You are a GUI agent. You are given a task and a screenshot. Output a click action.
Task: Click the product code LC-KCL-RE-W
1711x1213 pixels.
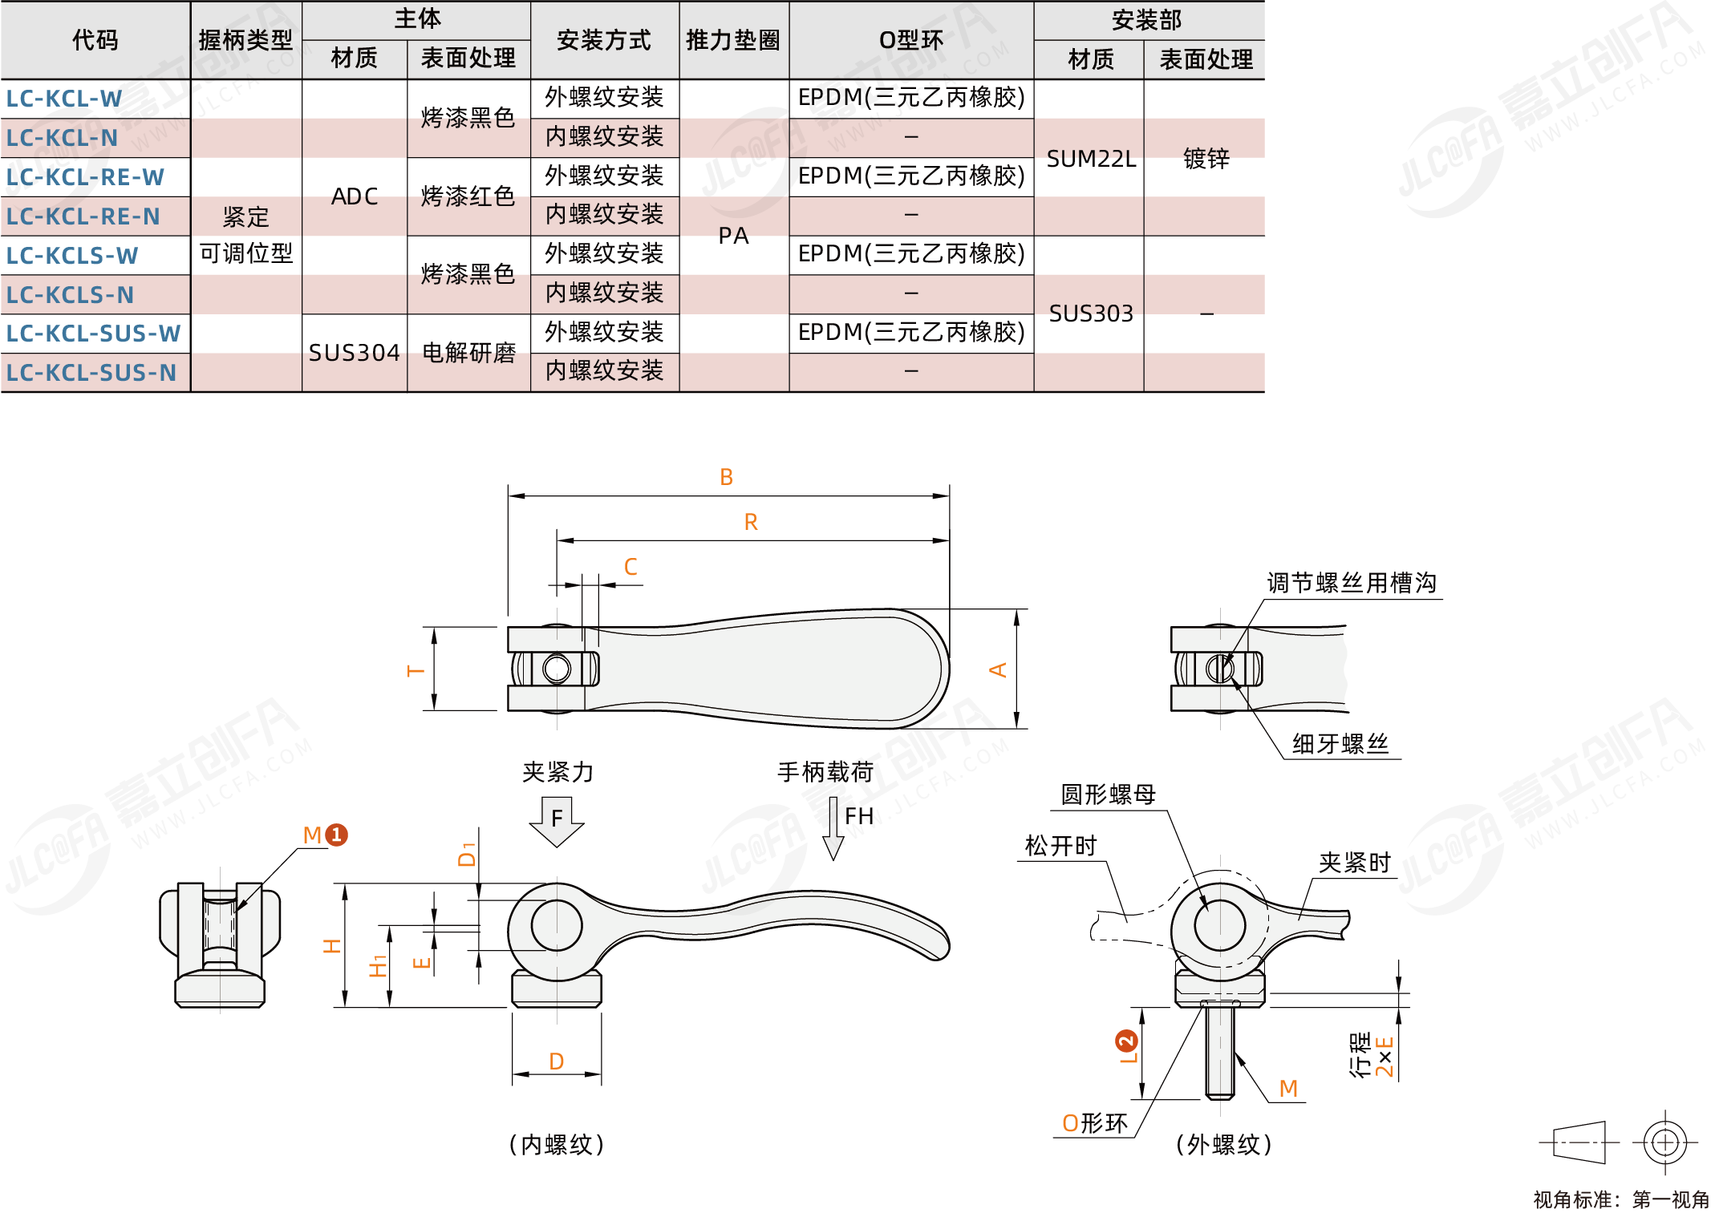(x=85, y=177)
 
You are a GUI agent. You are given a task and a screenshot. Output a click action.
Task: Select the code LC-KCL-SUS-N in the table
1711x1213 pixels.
(x=91, y=373)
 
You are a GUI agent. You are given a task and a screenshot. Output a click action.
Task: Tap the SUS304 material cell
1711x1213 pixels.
(x=354, y=353)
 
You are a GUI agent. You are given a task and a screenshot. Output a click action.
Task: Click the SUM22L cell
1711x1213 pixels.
(x=1091, y=159)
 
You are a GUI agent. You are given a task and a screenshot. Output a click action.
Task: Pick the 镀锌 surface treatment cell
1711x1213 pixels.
(x=1206, y=159)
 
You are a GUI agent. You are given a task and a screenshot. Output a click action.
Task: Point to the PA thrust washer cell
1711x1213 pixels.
(x=733, y=236)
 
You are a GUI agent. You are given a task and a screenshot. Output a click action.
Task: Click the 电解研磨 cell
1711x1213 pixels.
(x=468, y=353)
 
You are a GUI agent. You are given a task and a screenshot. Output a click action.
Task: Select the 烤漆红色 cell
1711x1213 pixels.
(x=468, y=196)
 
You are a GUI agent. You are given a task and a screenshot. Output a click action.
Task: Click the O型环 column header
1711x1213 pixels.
(x=911, y=40)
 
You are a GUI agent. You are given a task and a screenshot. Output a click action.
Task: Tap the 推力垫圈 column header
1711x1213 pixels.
(x=733, y=40)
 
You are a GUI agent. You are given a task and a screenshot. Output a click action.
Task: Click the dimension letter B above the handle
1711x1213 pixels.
(x=726, y=478)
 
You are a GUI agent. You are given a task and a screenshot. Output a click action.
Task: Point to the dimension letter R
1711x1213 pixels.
(x=751, y=523)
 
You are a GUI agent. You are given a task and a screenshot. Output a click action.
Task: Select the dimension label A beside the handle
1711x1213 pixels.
(x=998, y=670)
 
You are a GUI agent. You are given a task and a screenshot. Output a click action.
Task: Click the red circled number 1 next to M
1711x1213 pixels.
(x=337, y=835)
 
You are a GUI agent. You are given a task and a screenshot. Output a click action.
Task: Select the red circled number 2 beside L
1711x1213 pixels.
(x=1126, y=1041)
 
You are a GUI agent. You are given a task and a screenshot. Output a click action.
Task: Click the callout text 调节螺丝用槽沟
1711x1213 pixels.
(x=1352, y=583)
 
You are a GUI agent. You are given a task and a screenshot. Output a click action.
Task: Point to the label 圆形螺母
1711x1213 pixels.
(x=1108, y=795)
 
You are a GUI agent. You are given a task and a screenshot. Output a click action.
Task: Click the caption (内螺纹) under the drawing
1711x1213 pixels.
(x=557, y=1144)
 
